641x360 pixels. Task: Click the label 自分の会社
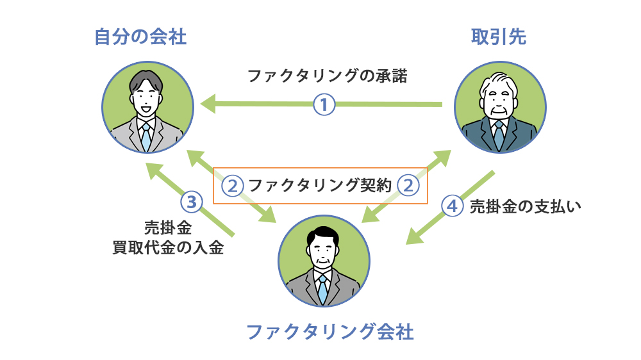140,37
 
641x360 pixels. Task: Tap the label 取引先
499,37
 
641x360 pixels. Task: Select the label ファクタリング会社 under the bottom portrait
330,332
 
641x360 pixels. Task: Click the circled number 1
324,104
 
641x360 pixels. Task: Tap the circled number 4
453,206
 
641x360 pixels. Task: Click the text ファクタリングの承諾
328,76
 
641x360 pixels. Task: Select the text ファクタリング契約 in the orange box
319,186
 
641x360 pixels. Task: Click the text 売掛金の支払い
526,206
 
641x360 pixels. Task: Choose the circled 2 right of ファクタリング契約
408,186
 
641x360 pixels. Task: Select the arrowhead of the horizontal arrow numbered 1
206,102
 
